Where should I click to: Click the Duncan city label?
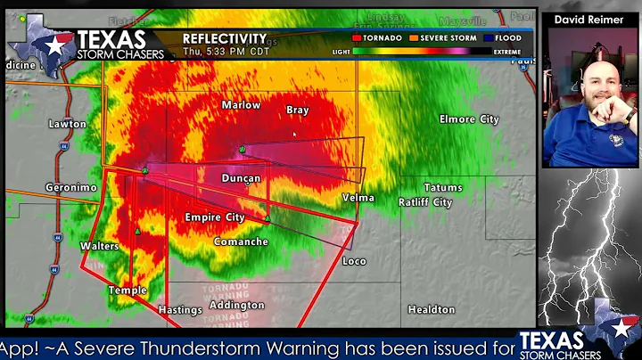[241, 178]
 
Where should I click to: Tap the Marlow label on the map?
[241, 105]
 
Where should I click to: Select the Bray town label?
[297, 110]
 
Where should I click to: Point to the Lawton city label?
[68, 124]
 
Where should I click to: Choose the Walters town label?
[99, 246]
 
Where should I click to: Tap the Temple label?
[128, 290]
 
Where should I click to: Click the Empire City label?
[214, 217]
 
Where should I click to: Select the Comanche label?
[241, 241]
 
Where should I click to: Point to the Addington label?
[236, 306]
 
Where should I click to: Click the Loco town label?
[354, 261]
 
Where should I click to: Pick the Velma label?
[358, 198]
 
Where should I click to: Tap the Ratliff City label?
[425, 202]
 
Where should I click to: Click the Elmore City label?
[469, 119]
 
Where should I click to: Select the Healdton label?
[431, 310]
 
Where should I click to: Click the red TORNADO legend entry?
[377, 38]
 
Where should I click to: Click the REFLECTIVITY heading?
[225, 38]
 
